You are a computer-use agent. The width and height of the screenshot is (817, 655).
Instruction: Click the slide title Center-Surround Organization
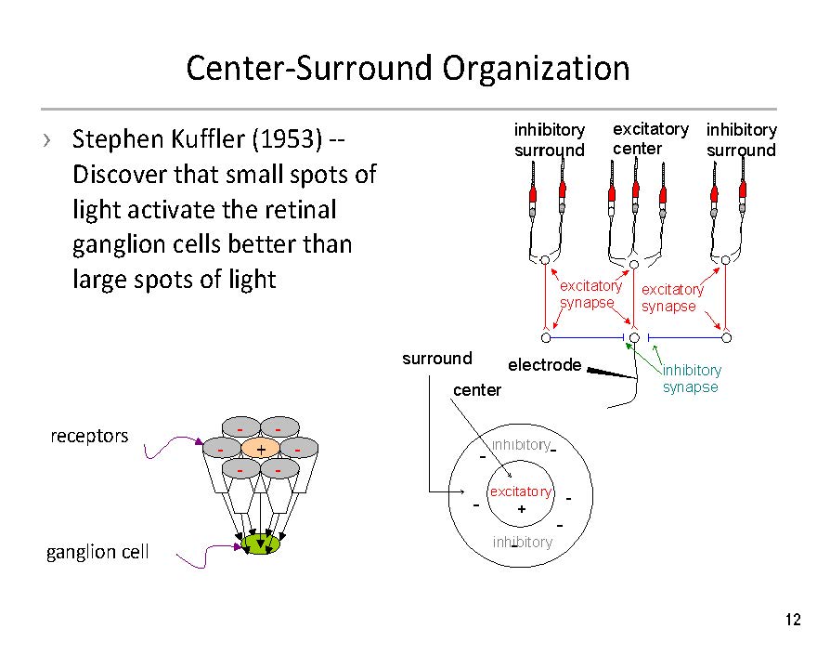(x=408, y=69)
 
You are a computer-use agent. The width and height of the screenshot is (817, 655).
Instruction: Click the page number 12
(x=792, y=621)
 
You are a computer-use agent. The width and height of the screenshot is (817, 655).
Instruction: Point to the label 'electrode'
(x=544, y=365)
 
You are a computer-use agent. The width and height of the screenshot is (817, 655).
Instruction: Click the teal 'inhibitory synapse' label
(x=691, y=379)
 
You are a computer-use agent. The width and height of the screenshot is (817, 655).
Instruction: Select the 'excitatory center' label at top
(x=649, y=138)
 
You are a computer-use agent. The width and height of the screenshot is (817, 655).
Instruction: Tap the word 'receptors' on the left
(x=89, y=436)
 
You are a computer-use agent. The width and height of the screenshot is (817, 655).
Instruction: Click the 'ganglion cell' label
(x=97, y=552)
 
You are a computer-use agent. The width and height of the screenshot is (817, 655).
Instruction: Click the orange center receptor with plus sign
(x=261, y=450)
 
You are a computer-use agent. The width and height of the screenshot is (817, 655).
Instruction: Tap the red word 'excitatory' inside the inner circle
(x=520, y=491)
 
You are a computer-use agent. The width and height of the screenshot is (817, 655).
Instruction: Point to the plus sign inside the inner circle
(x=521, y=509)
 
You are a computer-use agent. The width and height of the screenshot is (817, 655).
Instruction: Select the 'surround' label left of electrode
(x=436, y=359)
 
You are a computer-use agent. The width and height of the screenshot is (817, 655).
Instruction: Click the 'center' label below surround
(x=476, y=390)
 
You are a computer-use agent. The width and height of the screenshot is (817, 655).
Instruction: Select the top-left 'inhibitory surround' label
(x=550, y=139)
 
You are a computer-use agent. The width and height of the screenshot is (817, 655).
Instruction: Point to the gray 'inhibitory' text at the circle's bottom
(x=523, y=543)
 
